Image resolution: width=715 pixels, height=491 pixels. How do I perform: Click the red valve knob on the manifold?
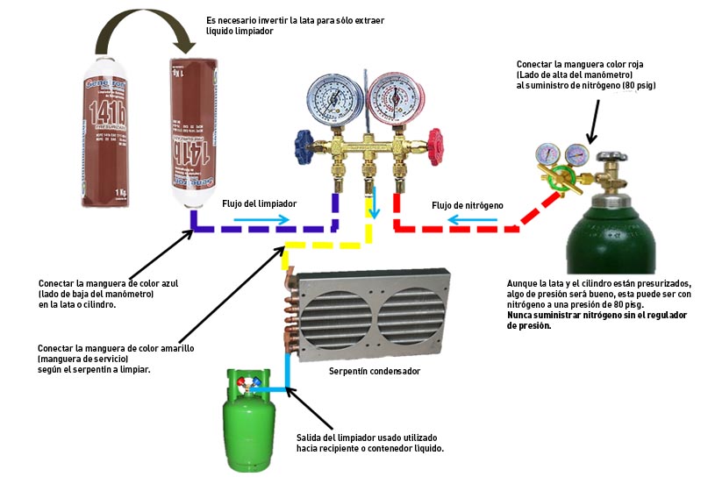coord(433,140)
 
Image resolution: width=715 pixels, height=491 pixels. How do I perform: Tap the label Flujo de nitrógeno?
coord(468,205)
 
